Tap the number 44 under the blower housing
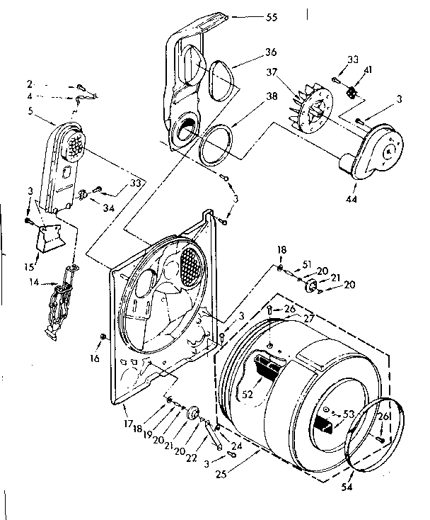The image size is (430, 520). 351,199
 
